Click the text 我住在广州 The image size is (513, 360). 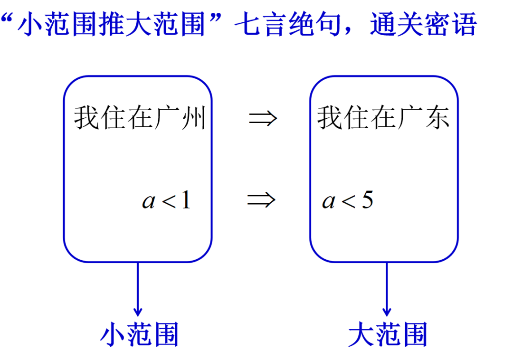click(x=140, y=118)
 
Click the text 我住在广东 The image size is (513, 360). click(x=383, y=118)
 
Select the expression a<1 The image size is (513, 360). click(x=166, y=201)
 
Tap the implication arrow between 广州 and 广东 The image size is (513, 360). click(x=263, y=118)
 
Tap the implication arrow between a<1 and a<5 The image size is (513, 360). click(x=261, y=200)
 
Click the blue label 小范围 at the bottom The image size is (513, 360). click(x=139, y=334)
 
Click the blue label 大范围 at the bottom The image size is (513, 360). click(x=388, y=334)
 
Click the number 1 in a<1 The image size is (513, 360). click(x=185, y=201)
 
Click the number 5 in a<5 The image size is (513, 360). click(x=367, y=201)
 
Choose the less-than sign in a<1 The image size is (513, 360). click(x=169, y=202)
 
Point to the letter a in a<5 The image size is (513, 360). click(x=328, y=202)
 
